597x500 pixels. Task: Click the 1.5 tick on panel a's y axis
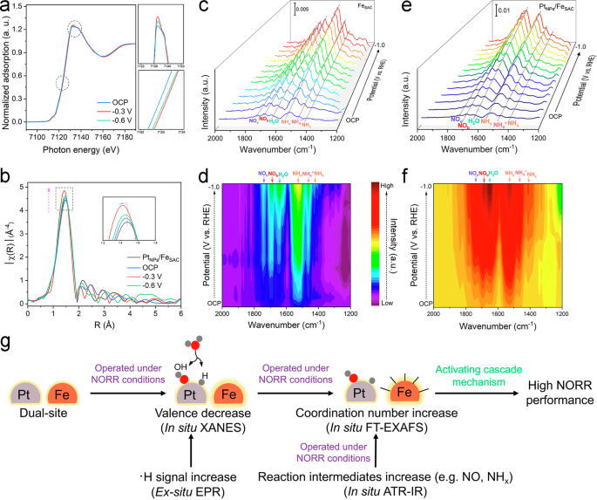point(20,7)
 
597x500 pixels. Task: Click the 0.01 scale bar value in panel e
point(503,11)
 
